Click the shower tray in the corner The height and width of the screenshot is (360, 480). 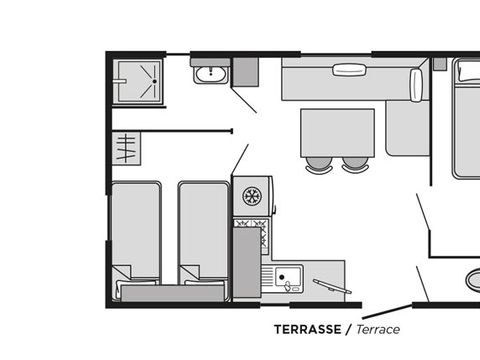coord(138,80)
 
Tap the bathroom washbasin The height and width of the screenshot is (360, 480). coord(210,74)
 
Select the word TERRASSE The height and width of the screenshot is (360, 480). coord(308,329)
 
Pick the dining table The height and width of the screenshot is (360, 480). coord(338,131)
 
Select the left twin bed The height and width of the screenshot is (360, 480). coord(136,230)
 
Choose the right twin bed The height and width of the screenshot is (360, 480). coord(203,230)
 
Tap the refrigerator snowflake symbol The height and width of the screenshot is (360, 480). coord(252,194)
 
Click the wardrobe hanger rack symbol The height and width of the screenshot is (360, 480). coord(125,150)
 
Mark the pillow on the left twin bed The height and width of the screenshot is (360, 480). coord(123,273)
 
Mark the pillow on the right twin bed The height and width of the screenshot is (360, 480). coord(190,273)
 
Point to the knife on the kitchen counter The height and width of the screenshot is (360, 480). coord(324,286)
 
